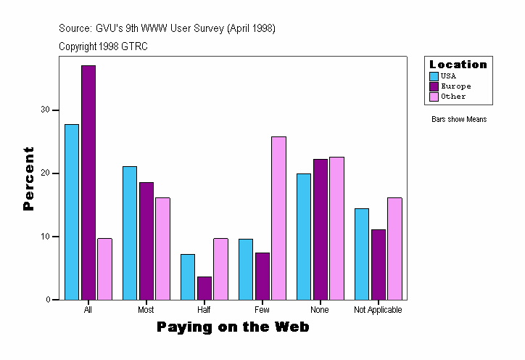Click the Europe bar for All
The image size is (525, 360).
pos(88,182)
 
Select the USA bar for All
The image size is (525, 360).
pos(72,212)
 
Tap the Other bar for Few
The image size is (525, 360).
pos(278,218)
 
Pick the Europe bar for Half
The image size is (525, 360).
pos(204,288)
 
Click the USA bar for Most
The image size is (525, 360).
pos(130,233)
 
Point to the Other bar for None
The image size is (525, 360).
pos(336,228)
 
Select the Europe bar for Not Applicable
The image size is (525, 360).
pos(379,264)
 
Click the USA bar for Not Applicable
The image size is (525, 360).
pos(362,254)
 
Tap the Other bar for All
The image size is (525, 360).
pos(104,269)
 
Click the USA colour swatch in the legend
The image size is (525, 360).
pos(434,75)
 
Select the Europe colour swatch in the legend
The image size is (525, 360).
pos(434,86)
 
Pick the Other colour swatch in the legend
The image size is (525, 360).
pos(434,96)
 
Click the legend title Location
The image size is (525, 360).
pos(458,65)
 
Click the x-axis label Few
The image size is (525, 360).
pos(262,310)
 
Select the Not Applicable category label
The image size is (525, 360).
pos(378,310)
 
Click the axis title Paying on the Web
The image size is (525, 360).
pos(233,327)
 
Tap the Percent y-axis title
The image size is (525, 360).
pos(28,179)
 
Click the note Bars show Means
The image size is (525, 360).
pos(459,120)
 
